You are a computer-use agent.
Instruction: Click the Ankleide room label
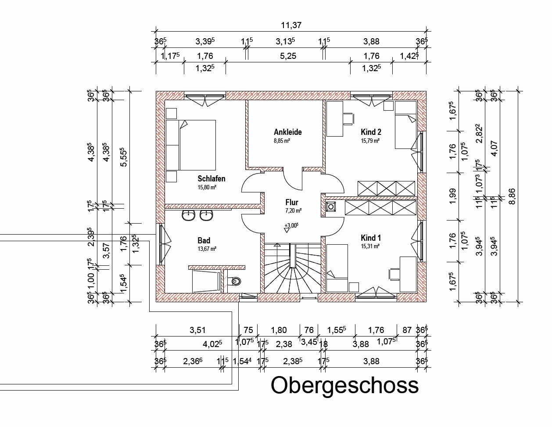tap(287, 132)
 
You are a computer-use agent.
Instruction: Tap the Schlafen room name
tap(211, 178)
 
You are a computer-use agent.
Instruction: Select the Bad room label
tap(204, 240)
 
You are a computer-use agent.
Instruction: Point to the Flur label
tap(292, 202)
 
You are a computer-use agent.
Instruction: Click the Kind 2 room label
tap(371, 132)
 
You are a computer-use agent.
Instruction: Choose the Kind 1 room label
tap(371, 238)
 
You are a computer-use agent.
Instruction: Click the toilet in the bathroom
tap(234, 281)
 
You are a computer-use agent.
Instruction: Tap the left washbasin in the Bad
tap(188, 216)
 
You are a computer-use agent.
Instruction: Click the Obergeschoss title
tap(345, 386)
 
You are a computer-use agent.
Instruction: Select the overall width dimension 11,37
tap(291, 25)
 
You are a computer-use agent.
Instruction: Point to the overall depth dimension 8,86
tap(512, 196)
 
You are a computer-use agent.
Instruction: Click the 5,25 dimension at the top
tap(288, 56)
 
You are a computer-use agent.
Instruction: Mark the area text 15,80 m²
tap(207, 188)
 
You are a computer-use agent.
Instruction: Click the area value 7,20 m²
tap(294, 210)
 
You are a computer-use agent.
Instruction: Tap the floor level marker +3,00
tap(291, 225)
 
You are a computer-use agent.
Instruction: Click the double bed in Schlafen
tap(191, 145)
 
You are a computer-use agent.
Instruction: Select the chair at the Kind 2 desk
tap(348, 119)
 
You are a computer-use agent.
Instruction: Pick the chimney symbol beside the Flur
tap(331, 206)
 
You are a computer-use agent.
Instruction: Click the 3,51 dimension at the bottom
tap(197, 330)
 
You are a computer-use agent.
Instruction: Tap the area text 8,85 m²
tap(282, 141)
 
